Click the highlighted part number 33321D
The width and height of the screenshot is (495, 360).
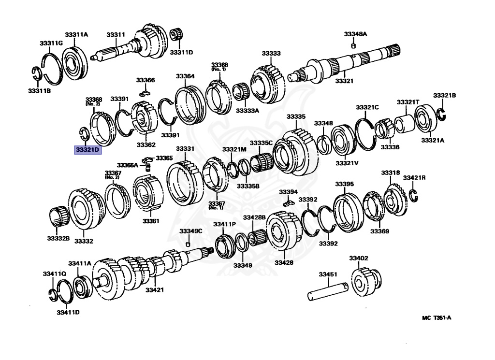click(87, 150)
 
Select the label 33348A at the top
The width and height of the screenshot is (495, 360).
click(355, 34)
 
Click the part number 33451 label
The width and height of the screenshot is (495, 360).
click(327, 274)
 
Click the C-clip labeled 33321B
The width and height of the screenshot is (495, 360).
click(441, 114)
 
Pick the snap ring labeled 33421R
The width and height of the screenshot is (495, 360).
click(413, 195)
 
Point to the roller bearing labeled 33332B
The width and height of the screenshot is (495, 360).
click(59, 216)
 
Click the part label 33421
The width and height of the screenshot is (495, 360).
click(155, 290)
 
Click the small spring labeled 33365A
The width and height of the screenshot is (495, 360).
click(148, 167)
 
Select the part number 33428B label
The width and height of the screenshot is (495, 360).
click(254, 217)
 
